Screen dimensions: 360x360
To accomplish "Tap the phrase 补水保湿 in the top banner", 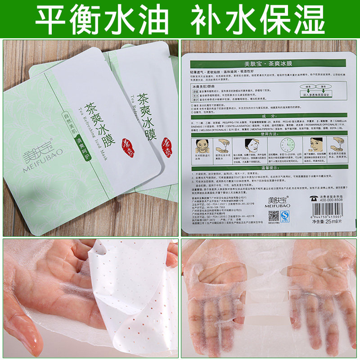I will (x=257, y=19).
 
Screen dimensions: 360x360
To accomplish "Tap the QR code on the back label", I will (x=274, y=216).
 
